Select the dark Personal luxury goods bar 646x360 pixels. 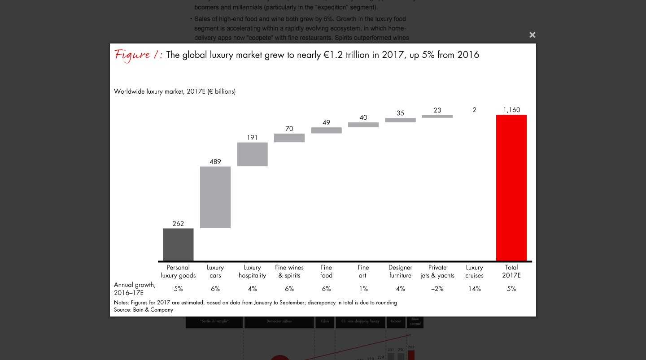(x=178, y=244)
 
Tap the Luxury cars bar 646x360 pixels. (x=215, y=197)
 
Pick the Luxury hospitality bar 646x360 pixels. (x=252, y=154)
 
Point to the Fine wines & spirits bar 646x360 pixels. (x=289, y=138)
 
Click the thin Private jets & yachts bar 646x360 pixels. (x=437, y=116)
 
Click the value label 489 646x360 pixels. (x=215, y=161)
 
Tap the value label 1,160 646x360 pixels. (x=511, y=110)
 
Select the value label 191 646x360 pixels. (x=252, y=138)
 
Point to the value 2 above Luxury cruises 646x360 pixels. (x=474, y=110)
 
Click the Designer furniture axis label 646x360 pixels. (x=400, y=271)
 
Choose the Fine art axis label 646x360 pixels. (x=363, y=271)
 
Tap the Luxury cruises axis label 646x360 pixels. (x=474, y=271)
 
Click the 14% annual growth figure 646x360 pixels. (x=474, y=289)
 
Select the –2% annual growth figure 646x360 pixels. (x=437, y=289)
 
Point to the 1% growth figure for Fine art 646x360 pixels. (x=363, y=289)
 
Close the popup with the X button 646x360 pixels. (x=532, y=35)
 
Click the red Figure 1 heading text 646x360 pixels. (x=138, y=55)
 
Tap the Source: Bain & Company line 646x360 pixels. (x=144, y=310)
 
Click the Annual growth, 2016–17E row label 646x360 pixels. (x=135, y=289)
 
